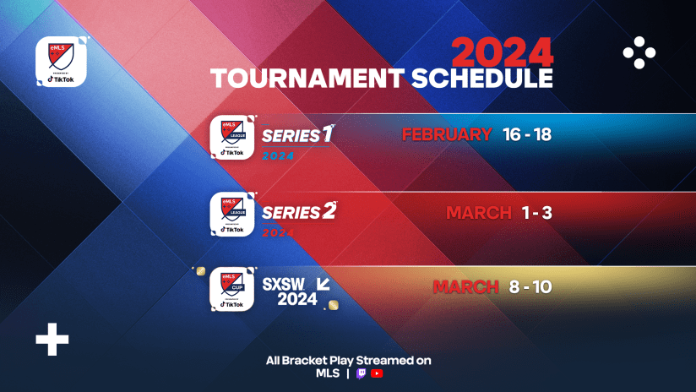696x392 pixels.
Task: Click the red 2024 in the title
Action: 502,52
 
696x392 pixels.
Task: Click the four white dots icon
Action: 639,53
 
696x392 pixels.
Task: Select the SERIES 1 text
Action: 291,135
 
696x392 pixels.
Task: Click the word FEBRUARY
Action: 447,134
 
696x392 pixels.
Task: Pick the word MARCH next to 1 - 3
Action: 479,212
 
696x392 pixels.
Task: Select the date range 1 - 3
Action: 535,212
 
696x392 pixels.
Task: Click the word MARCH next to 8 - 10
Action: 465,287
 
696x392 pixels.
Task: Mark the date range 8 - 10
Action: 530,287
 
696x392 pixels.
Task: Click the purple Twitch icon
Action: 361,373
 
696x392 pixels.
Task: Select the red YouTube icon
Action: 377,373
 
